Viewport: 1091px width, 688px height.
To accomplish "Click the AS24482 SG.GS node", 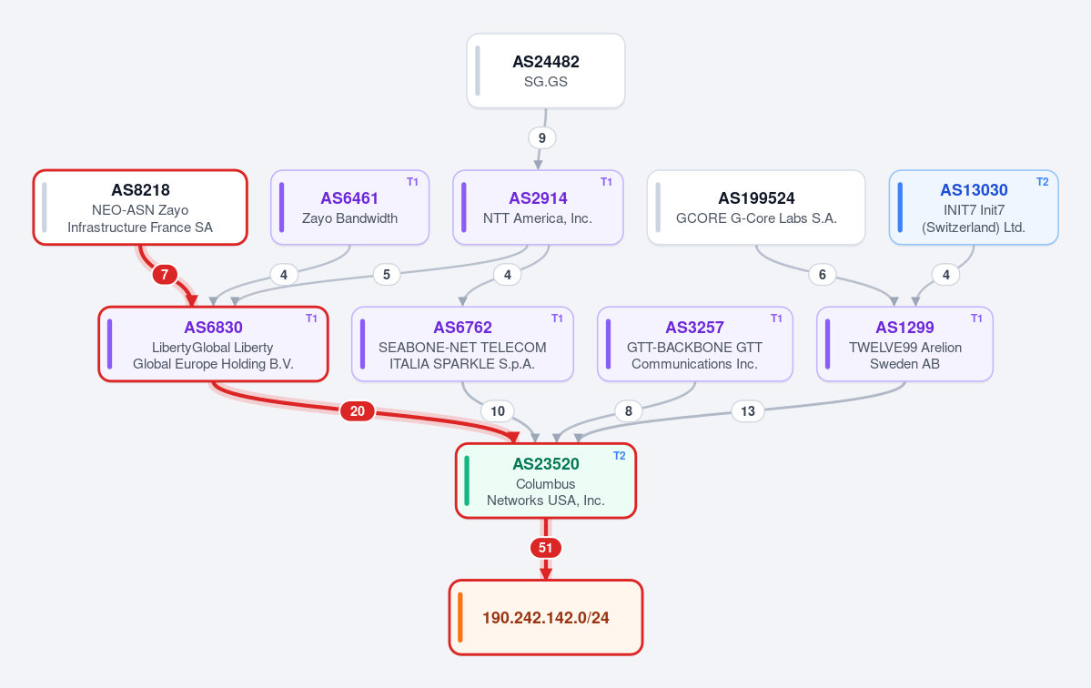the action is tap(546, 71).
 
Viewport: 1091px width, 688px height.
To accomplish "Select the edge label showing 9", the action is tap(542, 137).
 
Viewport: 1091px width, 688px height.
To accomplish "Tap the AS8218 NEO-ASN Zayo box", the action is tap(140, 207).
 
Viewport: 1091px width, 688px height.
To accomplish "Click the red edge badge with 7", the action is tap(164, 275).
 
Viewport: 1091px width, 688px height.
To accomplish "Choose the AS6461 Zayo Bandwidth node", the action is tap(350, 207).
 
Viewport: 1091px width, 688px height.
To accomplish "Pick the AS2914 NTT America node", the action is tap(538, 207).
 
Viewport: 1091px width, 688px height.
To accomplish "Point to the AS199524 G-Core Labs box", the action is tap(756, 207).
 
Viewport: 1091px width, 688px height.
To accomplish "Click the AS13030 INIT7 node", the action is tap(974, 207).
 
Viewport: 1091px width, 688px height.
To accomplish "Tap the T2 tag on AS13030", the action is tap(1042, 182).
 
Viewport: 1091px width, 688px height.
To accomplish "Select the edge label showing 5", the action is tap(387, 275).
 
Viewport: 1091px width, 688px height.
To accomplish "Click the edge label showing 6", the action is tap(823, 275).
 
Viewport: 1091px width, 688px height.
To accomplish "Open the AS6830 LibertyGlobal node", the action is tap(214, 344).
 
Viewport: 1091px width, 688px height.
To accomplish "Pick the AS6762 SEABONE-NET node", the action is tap(463, 344).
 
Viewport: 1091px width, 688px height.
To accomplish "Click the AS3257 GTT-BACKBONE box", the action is tap(695, 344).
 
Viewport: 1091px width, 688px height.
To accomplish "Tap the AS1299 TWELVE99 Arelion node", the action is tap(904, 344).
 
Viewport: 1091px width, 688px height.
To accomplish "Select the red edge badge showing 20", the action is tap(358, 411).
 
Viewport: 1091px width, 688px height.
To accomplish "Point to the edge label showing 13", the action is tap(748, 411).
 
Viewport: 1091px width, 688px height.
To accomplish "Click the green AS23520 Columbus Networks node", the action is tap(546, 481).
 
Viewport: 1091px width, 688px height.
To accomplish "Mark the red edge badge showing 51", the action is tap(546, 548).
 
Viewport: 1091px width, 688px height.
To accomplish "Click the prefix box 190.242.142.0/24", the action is tap(546, 618).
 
